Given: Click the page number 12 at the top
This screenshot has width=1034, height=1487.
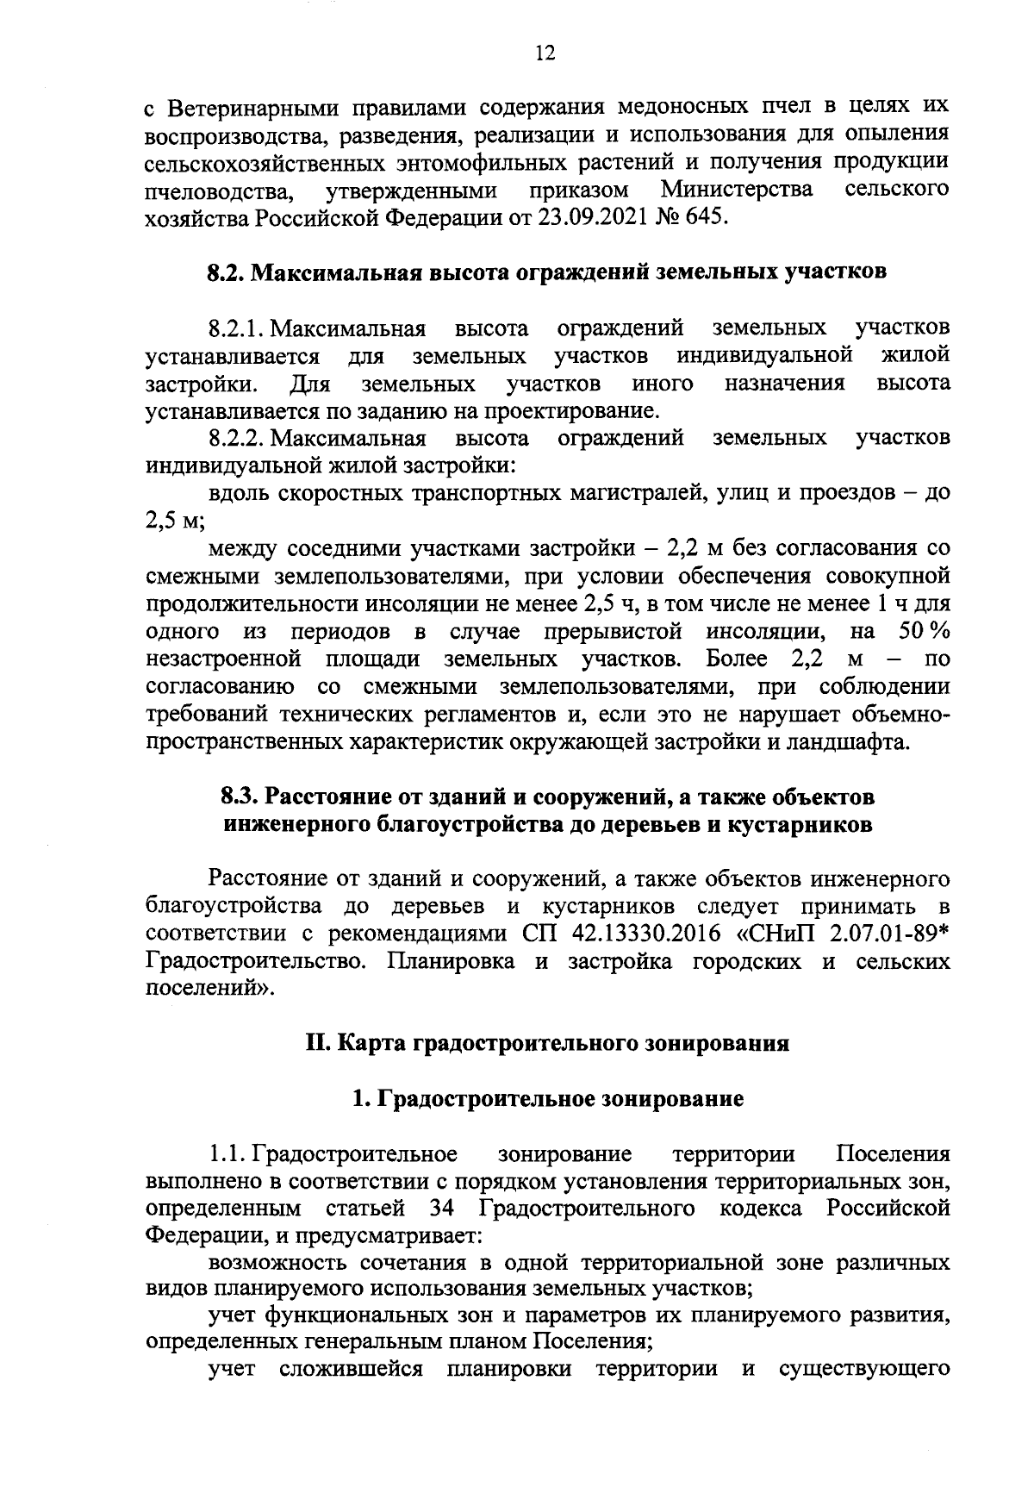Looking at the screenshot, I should coord(545,54).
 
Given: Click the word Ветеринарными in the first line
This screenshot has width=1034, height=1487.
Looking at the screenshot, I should coord(246,109).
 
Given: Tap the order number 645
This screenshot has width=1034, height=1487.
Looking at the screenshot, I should coord(707,216).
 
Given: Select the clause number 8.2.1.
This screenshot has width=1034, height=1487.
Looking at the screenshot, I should coord(237,328).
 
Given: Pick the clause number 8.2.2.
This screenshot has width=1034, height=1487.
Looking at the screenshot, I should coord(237,439).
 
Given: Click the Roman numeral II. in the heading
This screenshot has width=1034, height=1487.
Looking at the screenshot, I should coord(316,1044).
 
